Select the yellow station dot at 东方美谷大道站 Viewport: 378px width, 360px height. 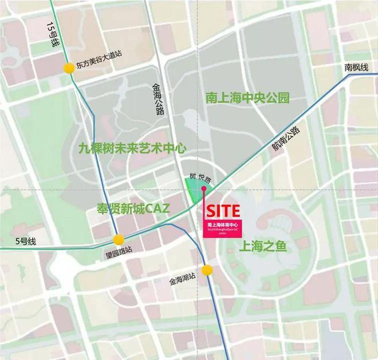(x=69, y=68)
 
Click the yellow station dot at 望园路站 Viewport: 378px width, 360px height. (x=119, y=239)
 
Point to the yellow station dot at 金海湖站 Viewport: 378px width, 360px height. (x=207, y=270)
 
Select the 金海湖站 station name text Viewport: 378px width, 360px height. (x=183, y=282)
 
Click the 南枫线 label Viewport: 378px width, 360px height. (x=357, y=68)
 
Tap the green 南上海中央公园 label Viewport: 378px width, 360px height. (x=247, y=98)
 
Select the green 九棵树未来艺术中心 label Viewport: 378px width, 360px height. (x=132, y=148)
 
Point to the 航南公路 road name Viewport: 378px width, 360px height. (x=286, y=140)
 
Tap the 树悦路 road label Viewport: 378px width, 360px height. (x=198, y=179)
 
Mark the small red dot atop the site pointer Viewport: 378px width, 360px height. (x=203, y=188)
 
